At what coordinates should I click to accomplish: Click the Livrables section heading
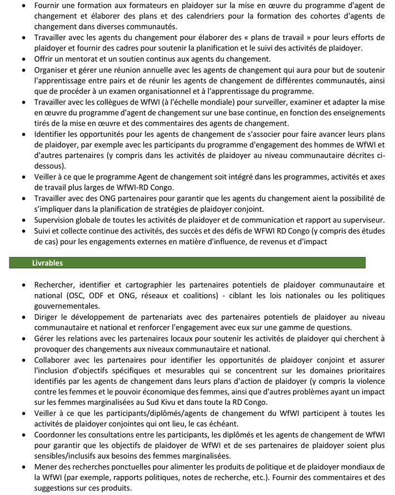click(x=47, y=263)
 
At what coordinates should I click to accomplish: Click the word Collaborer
click(x=54, y=360)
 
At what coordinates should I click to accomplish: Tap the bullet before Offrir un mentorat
click(x=22, y=59)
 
